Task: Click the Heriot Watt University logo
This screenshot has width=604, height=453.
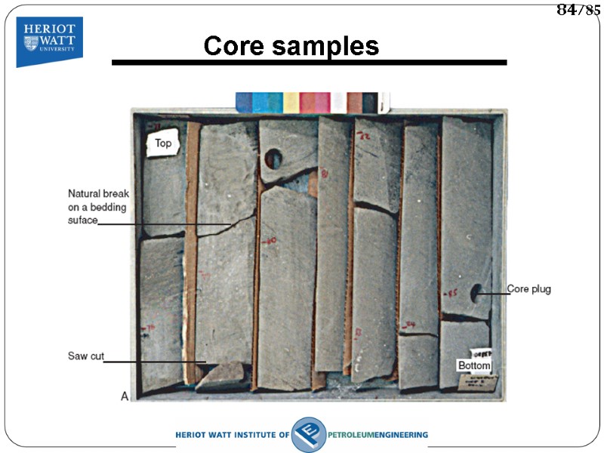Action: [x=49, y=41]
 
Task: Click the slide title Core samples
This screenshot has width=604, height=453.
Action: [x=291, y=46]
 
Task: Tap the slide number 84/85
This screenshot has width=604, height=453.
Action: [x=578, y=10]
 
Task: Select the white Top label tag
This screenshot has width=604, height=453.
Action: [x=162, y=143]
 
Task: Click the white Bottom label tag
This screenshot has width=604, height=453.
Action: [x=474, y=365]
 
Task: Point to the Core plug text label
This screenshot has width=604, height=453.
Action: [x=528, y=289]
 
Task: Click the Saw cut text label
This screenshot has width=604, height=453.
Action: [x=86, y=356]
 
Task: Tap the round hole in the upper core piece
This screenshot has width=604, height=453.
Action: [x=273, y=159]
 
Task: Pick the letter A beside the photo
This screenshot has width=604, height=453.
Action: [x=124, y=396]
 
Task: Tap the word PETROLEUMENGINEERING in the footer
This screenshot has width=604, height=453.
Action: [x=378, y=435]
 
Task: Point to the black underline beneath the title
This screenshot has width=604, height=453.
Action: [x=309, y=63]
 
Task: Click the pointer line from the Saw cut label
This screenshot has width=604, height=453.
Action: [x=155, y=362]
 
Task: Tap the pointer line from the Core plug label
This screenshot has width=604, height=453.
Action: [x=494, y=293]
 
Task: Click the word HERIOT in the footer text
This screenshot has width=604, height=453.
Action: [x=193, y=435]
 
